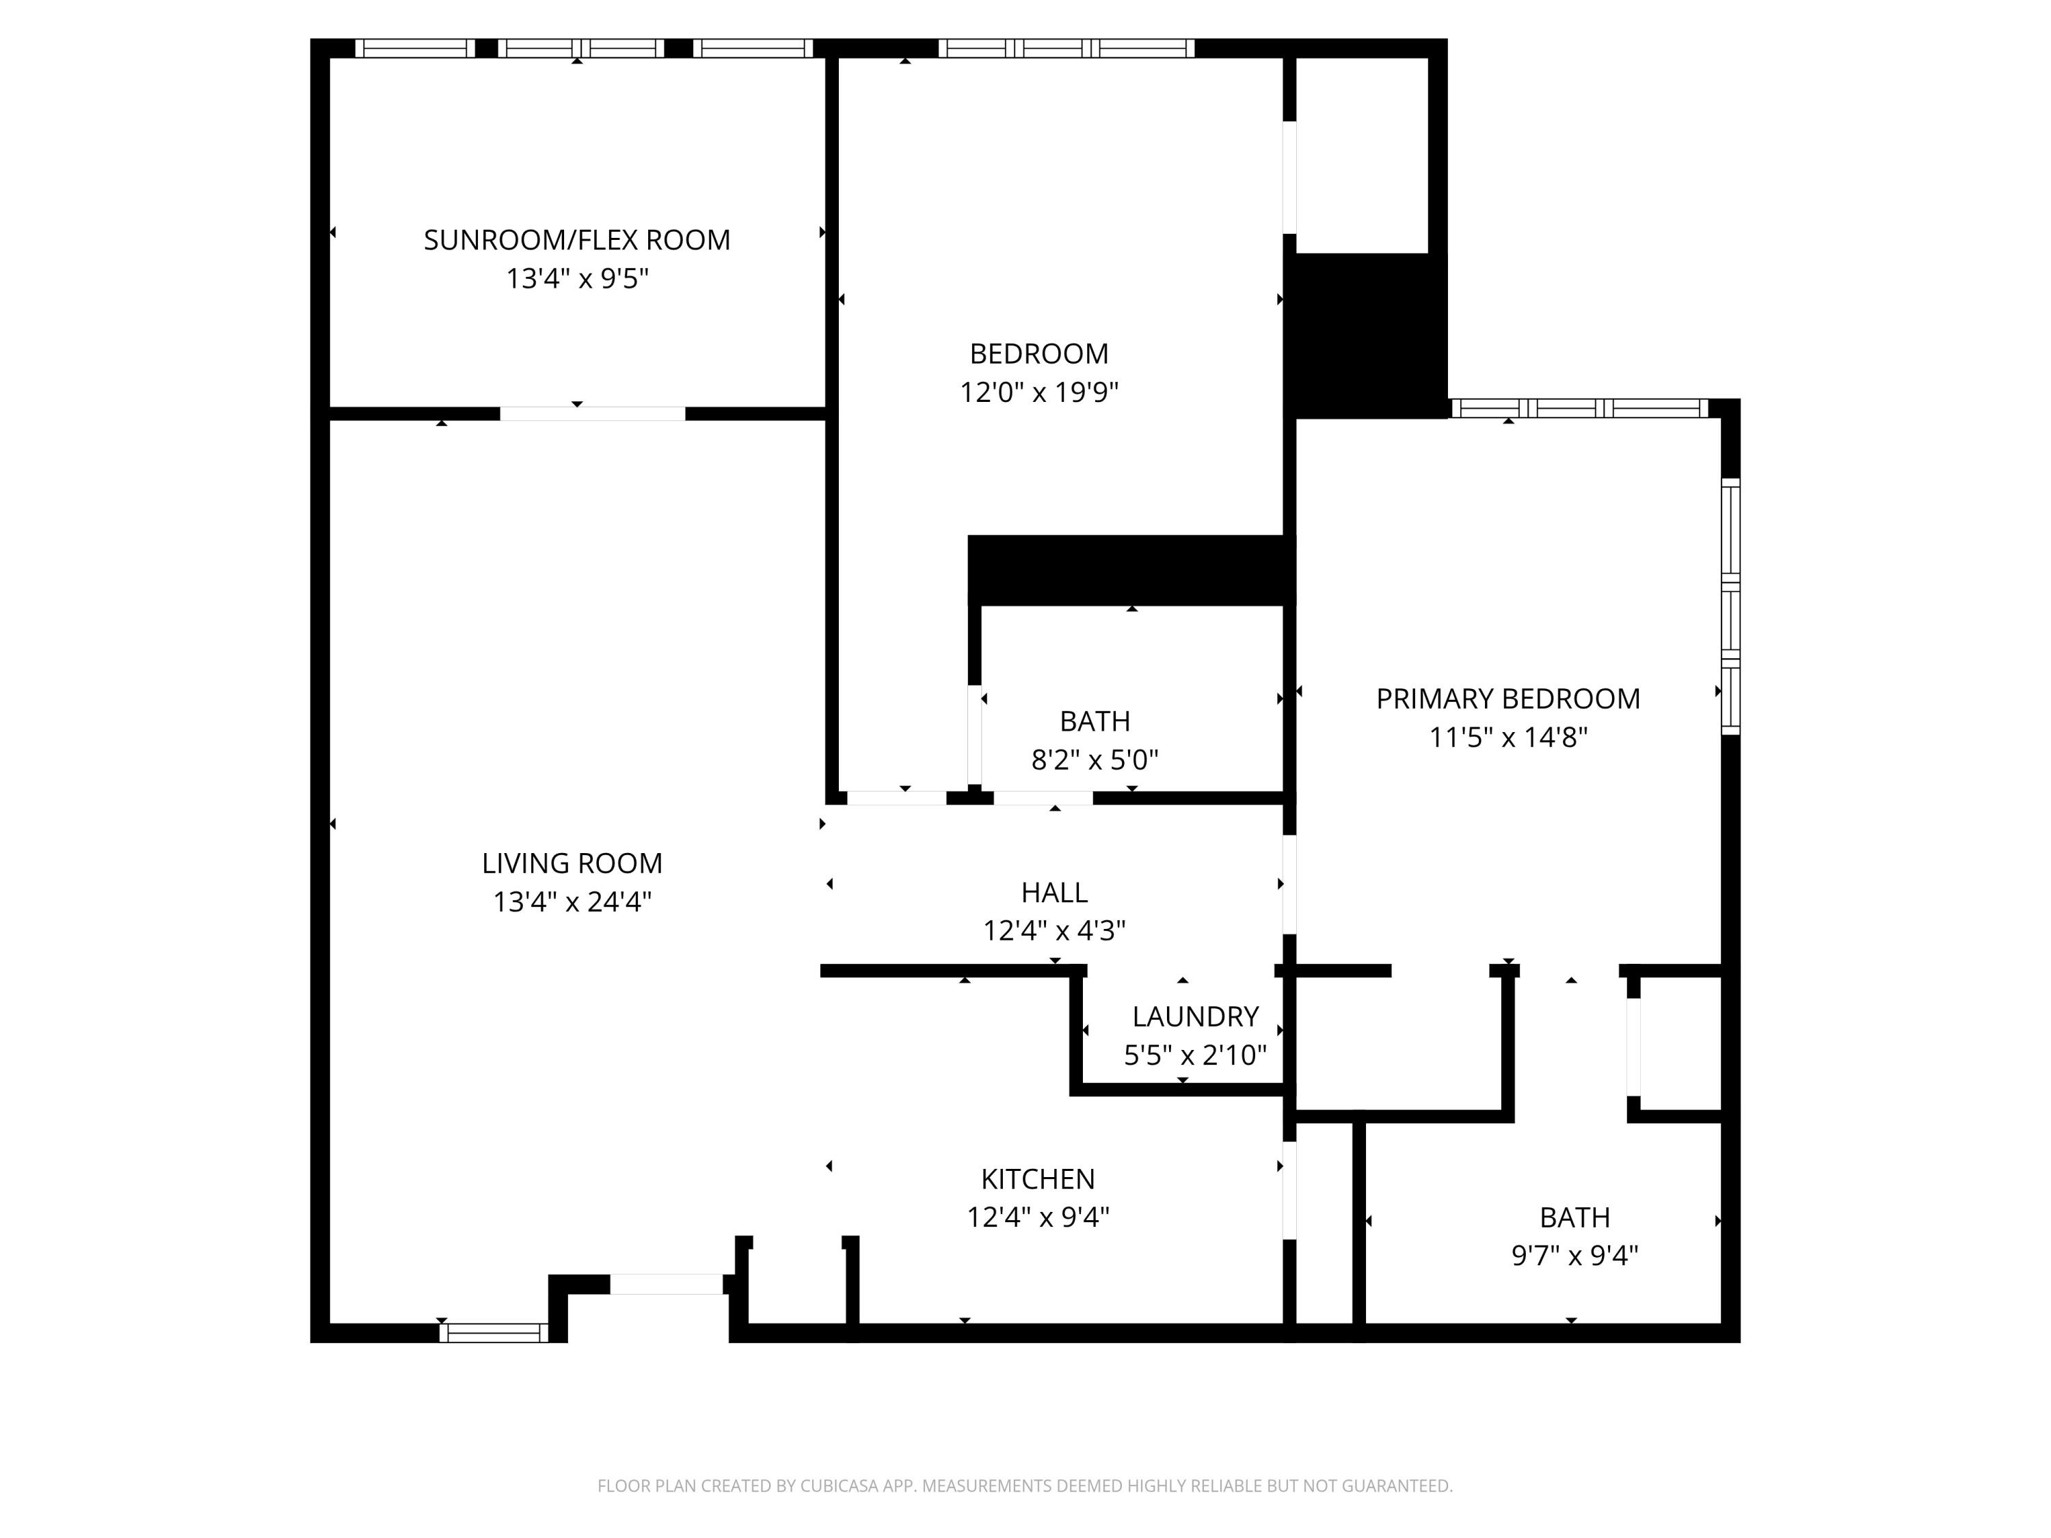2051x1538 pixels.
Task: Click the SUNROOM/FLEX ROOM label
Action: point(577,240)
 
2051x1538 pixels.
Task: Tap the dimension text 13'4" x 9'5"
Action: point(577,278)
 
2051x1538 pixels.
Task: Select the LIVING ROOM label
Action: point(572,863)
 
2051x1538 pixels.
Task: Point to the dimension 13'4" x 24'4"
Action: point(572,902)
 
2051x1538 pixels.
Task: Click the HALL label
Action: point(1054,892)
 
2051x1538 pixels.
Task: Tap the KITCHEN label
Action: point(1038,1178)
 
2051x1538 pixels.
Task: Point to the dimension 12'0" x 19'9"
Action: point(1038,392)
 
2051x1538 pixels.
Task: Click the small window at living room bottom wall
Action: point(494,1333)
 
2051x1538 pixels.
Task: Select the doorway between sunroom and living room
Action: point(593,414)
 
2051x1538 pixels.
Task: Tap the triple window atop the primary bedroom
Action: point(1579,408)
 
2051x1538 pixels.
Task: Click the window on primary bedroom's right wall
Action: point(1730,606)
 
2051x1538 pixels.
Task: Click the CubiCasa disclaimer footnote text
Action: point(1025,1486)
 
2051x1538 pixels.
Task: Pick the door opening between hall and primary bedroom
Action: point(1289,885)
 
